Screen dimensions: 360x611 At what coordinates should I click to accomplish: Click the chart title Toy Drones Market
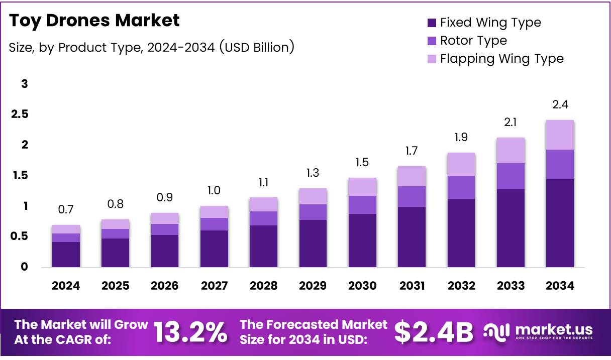tap(94, 21)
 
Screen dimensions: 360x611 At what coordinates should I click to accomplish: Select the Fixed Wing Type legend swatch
tap(431, 23)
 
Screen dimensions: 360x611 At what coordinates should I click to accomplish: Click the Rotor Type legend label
tap(473, 41)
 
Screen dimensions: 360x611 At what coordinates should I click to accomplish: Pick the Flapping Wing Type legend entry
tap(501, 59)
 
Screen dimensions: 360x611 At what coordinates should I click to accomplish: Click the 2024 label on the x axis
tap(66, 286)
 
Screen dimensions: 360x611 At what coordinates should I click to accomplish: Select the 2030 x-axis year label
tap(362, 286)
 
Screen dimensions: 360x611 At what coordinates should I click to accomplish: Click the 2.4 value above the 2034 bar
tap(560, 105)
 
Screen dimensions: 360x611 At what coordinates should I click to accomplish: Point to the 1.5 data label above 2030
tap(362, 162)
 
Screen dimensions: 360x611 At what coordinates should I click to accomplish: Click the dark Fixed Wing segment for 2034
tap(560, 223)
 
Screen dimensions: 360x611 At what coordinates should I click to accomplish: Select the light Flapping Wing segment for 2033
tap(511, 150)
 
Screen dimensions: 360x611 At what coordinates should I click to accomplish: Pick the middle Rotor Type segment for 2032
tap(461, 187)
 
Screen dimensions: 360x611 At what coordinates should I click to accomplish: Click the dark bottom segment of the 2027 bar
tap(214, 249)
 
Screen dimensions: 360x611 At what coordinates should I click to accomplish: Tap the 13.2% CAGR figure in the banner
tap(189, 332)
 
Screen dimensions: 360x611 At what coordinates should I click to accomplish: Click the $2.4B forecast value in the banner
tap(434, 332)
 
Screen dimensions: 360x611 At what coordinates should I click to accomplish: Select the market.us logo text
tap(553, 330)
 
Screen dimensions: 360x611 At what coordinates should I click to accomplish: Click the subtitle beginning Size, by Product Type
tap(151, 47)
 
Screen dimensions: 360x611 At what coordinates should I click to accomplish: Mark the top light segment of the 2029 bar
tap(313, 196)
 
